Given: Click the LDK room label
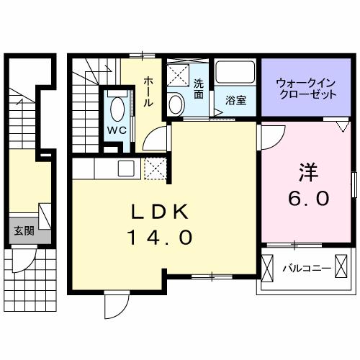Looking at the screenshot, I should click(159, 212).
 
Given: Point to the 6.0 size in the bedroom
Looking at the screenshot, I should click(310, 197).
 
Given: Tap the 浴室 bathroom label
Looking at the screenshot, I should click(236, 101).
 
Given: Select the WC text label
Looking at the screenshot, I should click(118, 130).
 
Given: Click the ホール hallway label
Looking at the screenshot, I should click(148, 91).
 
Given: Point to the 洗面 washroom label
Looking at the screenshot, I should click(199, 88).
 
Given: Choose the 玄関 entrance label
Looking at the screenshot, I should click(24, 231).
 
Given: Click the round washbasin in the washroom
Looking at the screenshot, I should click(176, 103).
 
